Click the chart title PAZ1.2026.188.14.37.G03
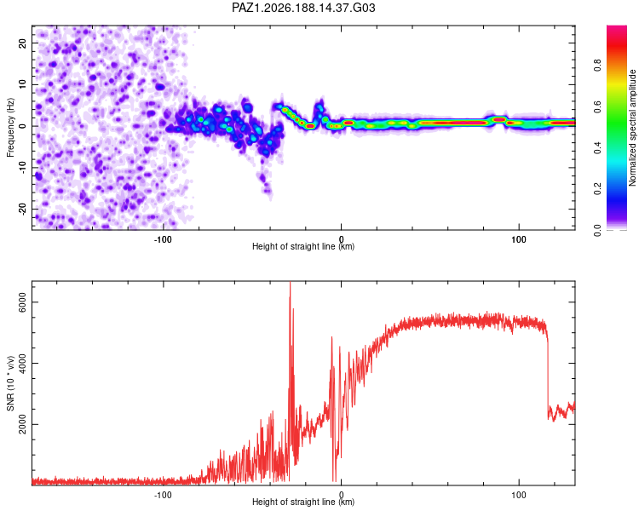303,8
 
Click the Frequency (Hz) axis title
10,128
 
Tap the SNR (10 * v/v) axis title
10,383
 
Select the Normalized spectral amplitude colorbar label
632,128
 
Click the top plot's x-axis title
303,246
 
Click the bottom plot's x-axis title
303,502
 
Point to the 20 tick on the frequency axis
22,43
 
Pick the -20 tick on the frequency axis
22,209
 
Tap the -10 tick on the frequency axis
22,168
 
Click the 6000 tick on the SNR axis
22,302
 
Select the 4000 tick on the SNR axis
22,363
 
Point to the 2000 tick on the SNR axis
22,424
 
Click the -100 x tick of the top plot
163,239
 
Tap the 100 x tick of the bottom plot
519,495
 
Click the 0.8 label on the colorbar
597,66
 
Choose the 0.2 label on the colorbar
597,189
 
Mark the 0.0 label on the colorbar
597,230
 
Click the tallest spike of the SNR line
291,283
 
